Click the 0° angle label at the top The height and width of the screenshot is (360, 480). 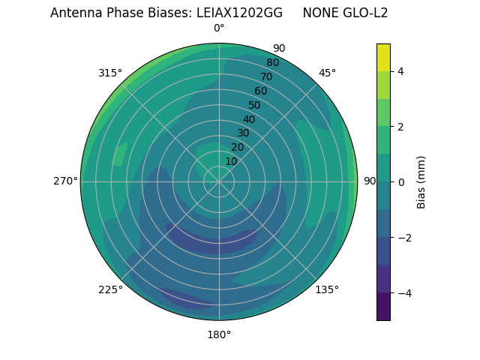tap(219, 28)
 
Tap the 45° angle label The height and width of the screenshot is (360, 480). tap(327, 73)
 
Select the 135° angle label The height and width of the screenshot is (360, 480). tap(327, 289)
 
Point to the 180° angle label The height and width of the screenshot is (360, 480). tap(219, 334)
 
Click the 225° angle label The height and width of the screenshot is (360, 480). tap(110, 289)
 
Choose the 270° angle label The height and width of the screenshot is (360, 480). tap(65, 181)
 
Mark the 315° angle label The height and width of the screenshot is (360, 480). tap(110, 73)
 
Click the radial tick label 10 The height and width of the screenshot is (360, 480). tap(231, 161)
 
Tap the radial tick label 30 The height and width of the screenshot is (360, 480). tap(243, 133)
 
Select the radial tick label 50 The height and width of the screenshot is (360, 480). tap(255, 105)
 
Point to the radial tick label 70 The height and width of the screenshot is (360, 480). tap(266, 76)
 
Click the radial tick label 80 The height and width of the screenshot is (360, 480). tap(272, 63)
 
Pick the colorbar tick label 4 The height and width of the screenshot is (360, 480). tap(401, 71)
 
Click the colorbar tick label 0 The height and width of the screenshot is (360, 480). tap(401, 182)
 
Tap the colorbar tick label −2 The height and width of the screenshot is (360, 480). tap(403, 238)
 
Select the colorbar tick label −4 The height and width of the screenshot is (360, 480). tap(403, 293)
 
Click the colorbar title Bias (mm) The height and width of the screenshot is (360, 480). tap(421, 182)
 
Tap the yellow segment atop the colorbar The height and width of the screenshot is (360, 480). tap(383, 57)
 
